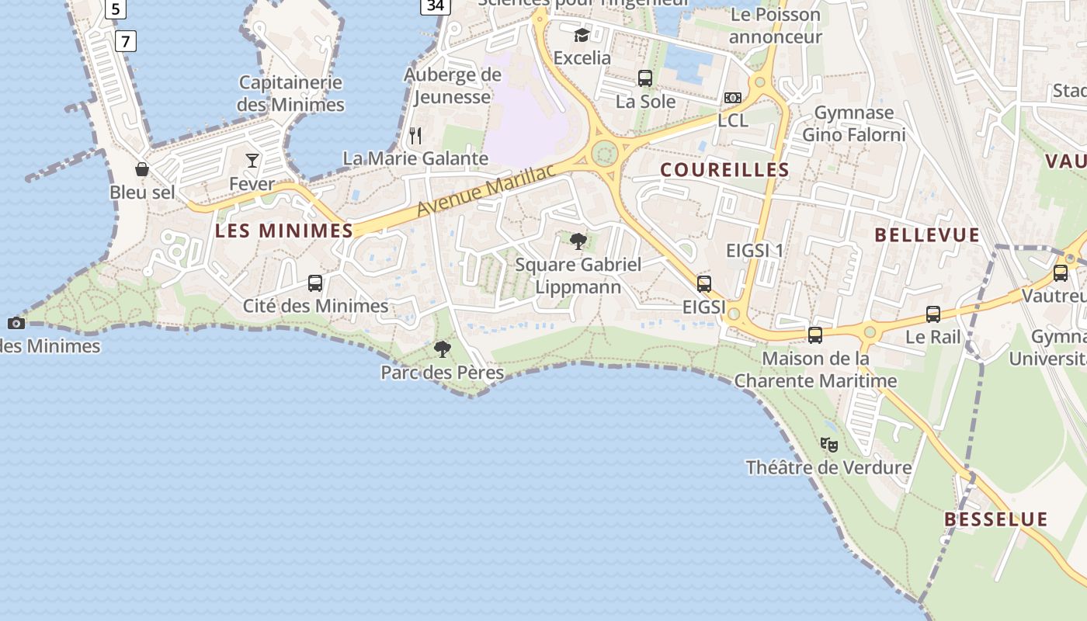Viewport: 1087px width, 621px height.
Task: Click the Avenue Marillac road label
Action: (x=488, y=190)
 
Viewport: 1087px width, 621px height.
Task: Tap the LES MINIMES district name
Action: (x=284, y=231)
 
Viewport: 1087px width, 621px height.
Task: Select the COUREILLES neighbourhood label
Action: (x=724, y=170)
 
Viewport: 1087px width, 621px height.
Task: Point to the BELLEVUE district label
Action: (x=927, y=235)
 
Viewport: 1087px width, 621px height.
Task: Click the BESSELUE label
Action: (x=996, y=519)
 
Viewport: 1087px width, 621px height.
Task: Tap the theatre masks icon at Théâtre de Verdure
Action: (x=829, y=445)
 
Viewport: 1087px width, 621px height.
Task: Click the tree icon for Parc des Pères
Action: (x=443, y=349)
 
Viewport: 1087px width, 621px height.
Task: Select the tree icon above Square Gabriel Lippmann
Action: (x=578, y=241)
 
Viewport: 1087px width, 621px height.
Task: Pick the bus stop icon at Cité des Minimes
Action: (x=315, y=283)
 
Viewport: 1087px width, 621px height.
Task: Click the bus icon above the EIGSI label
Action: (x=704, y=284)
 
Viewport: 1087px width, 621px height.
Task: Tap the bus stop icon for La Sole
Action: (x=645, y=78)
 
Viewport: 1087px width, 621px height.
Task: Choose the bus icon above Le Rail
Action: (x=933, y=314)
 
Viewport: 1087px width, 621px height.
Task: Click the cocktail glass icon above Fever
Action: (x=252, y=161)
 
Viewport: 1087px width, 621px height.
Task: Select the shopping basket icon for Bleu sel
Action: (x=142, y=169)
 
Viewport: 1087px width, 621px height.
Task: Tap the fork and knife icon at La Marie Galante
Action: (x=416, y=136)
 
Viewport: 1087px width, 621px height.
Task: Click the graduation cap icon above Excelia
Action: (x=582, y=35)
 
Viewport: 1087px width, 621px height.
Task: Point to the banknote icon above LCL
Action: (x=733, y=98)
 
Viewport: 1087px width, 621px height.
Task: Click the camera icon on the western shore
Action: (x=16, y=323)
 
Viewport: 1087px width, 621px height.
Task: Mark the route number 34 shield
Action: (x=436, y=6)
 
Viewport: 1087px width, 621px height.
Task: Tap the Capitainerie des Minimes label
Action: (x=291, y=93)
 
